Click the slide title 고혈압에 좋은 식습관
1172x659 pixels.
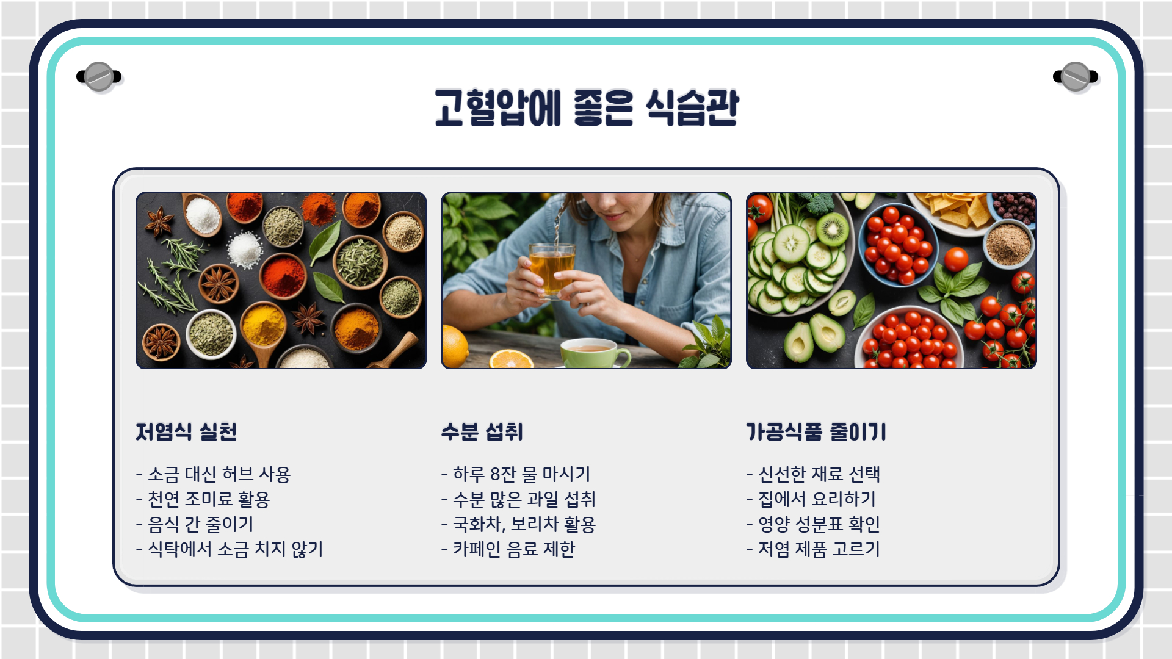(586, 107)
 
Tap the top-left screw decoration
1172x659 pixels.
(99, 77)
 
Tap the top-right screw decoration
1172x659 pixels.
(1076, 77)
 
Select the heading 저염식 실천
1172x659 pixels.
(186, 432)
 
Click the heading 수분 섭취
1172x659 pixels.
(482, 432)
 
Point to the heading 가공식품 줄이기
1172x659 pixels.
(816, 432)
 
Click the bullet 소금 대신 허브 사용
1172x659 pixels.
(214, 474)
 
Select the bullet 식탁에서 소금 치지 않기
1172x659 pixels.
(230, 549)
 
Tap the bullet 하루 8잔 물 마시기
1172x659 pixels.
(516, 474)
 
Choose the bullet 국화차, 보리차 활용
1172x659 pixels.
(519, 524)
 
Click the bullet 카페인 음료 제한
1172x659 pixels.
(508, 549)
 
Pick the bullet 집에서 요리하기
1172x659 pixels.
(811, 499)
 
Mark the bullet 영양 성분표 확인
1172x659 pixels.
(813, 524)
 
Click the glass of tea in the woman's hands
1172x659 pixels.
(552, 268)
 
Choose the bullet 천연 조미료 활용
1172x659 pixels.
(203, 499)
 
